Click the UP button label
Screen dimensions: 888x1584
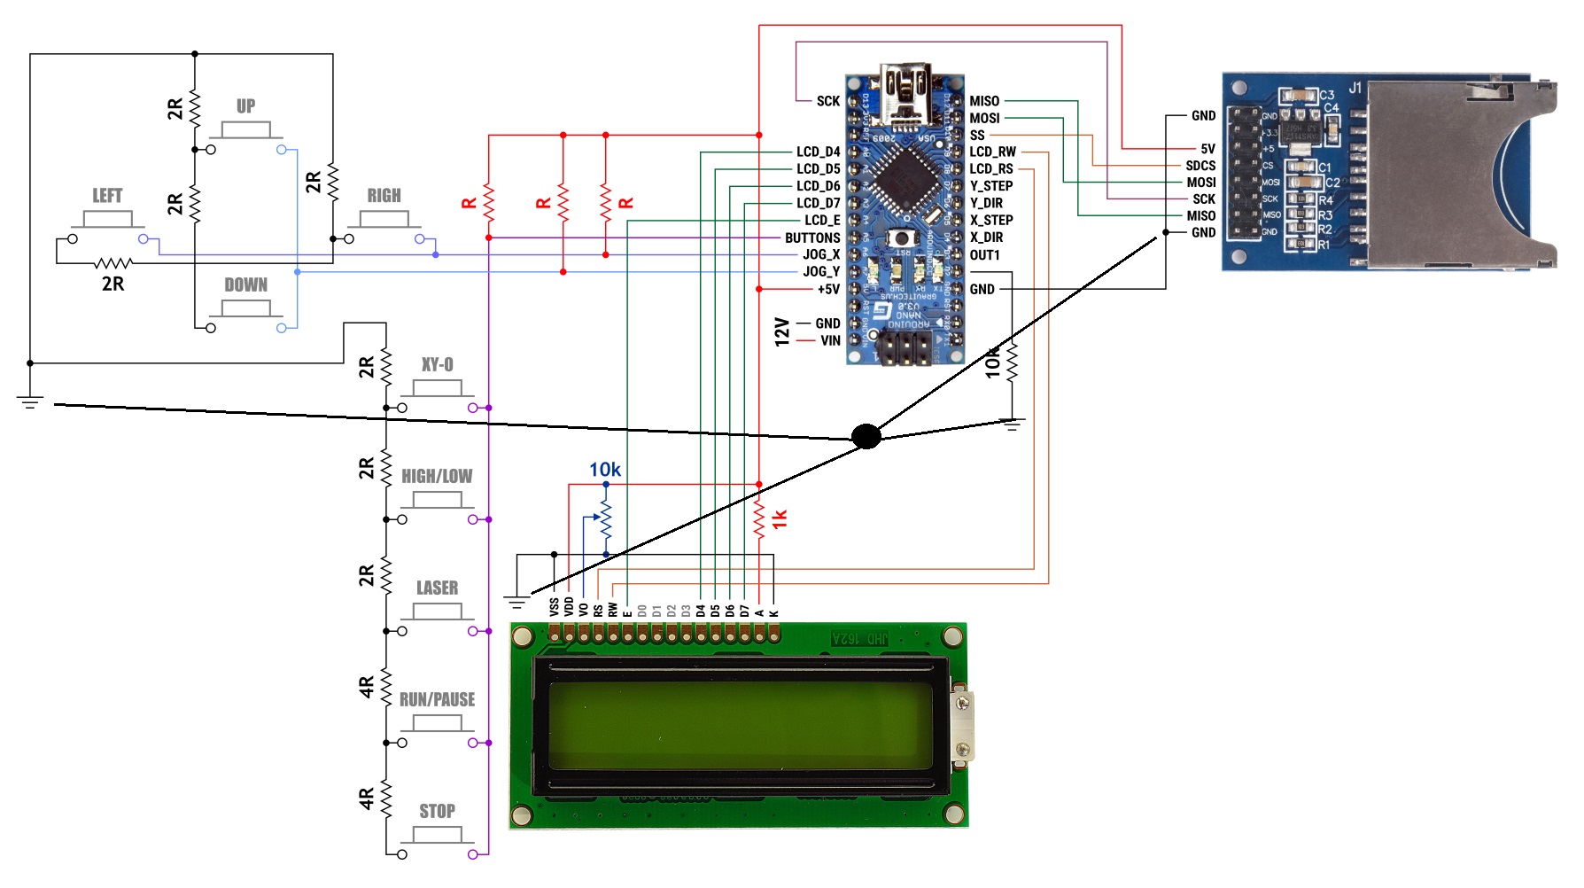pos(245,106)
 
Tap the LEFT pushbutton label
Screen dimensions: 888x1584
pos(107,196)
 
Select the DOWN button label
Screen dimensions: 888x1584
pos(245,285)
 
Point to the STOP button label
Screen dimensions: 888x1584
pos(437,811)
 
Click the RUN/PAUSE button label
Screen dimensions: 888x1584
pos(437,699)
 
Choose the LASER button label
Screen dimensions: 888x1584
pos(437,588)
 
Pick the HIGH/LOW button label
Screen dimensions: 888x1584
pos(437,476)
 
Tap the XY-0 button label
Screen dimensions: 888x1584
pos(437,364)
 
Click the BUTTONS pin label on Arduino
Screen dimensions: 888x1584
pos(812,238)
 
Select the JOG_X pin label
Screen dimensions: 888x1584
pos(821,254)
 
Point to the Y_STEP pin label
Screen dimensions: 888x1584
pos(991,186)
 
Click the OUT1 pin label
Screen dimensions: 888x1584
pos(984,255)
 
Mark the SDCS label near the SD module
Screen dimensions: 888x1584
pos(1200,166)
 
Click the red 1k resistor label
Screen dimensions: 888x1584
pos(780,519)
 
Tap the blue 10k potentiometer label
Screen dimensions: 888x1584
pos(605,470)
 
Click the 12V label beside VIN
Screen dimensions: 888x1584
pos(781,331)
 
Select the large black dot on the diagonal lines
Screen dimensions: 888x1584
pos(866,436)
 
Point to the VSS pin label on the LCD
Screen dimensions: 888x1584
pos(555,607)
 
